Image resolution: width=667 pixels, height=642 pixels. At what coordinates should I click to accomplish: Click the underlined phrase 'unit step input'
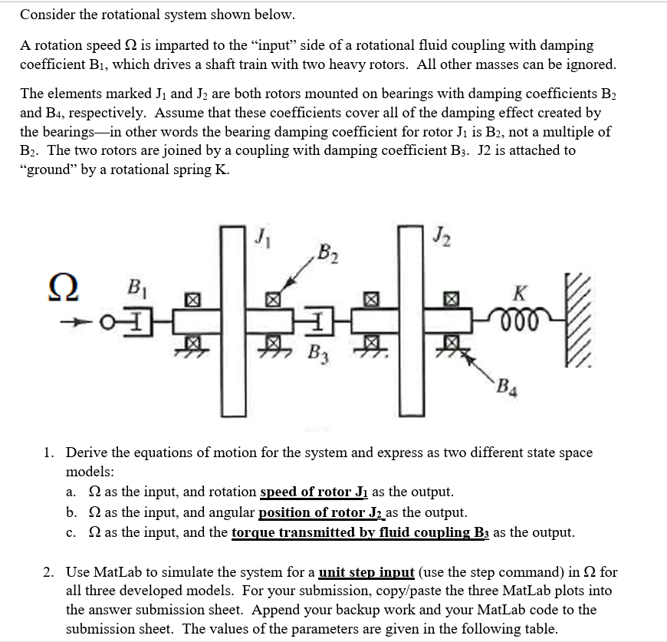[x=366, y=572]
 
